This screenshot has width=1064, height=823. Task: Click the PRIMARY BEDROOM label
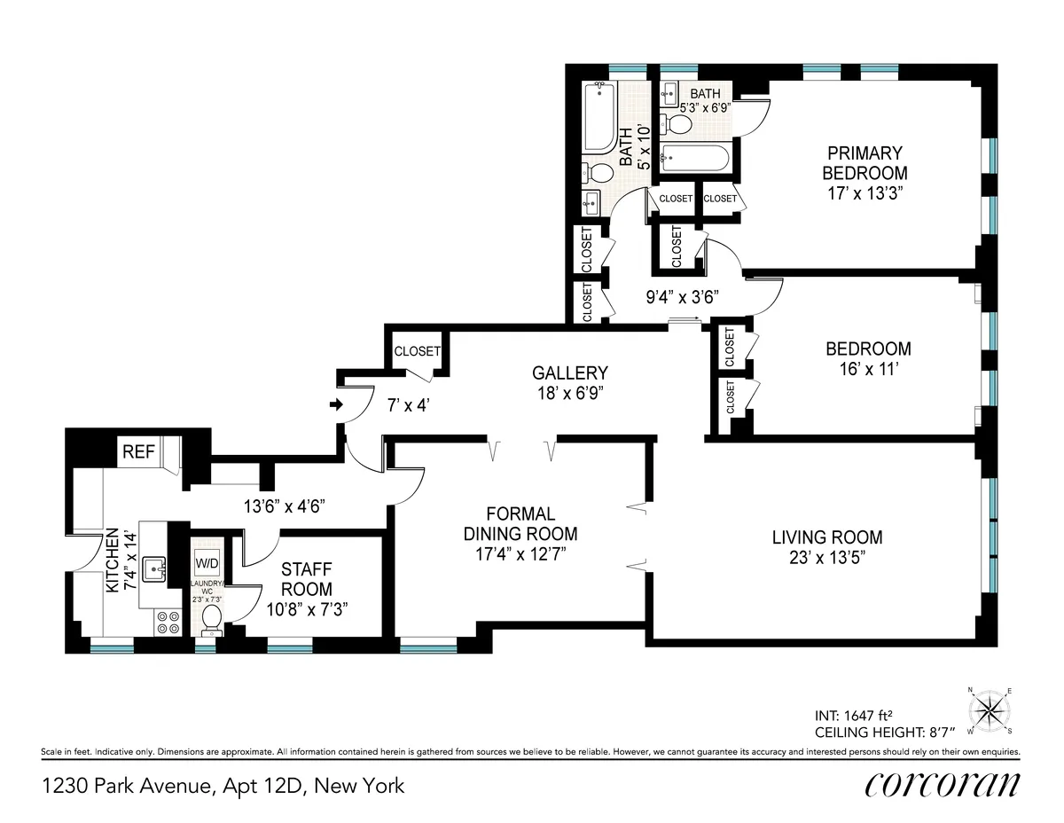point(864,163)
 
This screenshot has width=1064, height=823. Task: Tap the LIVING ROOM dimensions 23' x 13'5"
point(826,558)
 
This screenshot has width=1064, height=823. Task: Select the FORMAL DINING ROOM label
point(520,524)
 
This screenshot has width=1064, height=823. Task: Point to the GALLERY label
point(570,373)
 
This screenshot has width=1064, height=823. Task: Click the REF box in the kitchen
point(138,451)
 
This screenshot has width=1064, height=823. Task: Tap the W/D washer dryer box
point(207,563)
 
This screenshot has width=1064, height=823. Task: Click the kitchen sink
point(154,566)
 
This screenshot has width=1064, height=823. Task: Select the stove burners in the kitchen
point(168,623)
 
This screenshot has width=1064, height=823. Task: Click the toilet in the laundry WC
point(212,618)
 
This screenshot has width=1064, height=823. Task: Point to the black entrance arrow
point(336,405)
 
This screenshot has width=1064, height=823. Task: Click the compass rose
point(990,709)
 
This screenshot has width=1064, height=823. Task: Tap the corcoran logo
point(941,784)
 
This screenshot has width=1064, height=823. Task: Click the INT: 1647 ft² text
point(855,715)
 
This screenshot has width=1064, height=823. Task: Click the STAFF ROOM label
point(307,579)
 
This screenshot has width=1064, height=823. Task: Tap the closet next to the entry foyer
point(417,351)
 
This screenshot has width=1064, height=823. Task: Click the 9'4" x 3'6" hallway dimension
point(681,297)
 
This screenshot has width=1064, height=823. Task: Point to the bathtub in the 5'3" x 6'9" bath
point(696,160)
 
